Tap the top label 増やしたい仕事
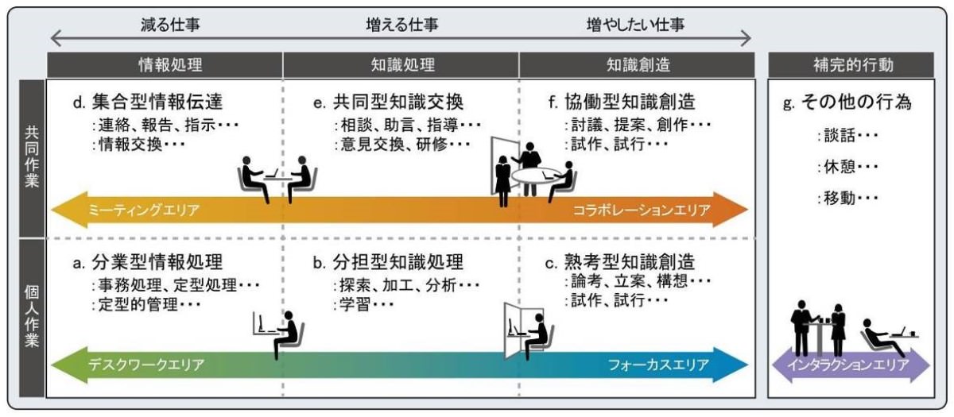point(633,25)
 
